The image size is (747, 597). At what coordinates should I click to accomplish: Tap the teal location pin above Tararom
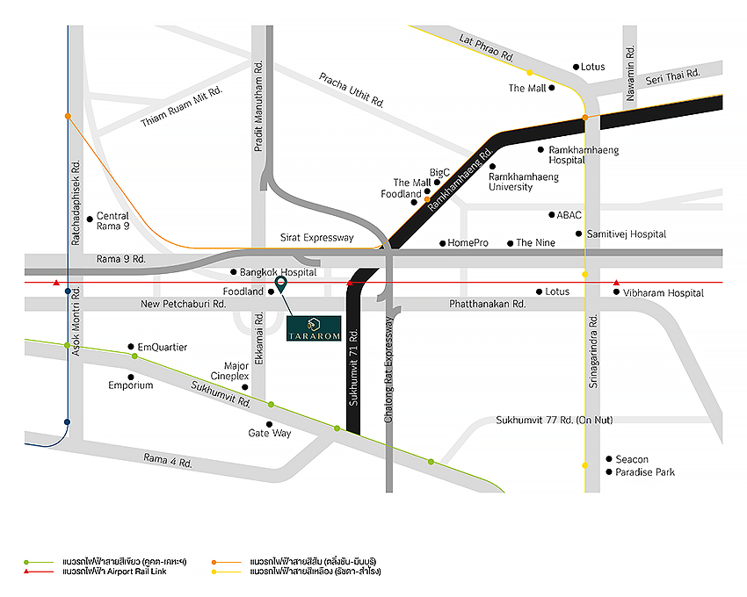[280, 284]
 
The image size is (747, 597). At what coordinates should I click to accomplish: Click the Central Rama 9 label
[112, 220]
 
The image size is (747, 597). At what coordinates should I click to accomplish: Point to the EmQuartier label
[163, 347]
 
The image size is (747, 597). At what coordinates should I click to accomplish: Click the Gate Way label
[270, 433]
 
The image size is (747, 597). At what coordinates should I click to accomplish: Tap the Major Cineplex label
[236, 370]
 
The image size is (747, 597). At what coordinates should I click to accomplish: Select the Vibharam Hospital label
[664, 292]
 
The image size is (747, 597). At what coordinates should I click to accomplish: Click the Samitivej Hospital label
[627, 234]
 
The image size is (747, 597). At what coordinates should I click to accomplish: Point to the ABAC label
[569, 214]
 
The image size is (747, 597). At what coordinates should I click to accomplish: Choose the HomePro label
[468, 243]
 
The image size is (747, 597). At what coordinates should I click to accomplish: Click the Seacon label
[632, 459]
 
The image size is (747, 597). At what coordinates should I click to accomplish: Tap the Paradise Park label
[645, 472]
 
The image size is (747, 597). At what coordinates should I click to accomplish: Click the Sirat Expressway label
[316, 238]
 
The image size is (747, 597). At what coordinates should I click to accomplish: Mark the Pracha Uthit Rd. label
[352, 89]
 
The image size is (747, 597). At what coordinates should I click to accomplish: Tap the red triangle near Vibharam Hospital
[615, 283]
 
